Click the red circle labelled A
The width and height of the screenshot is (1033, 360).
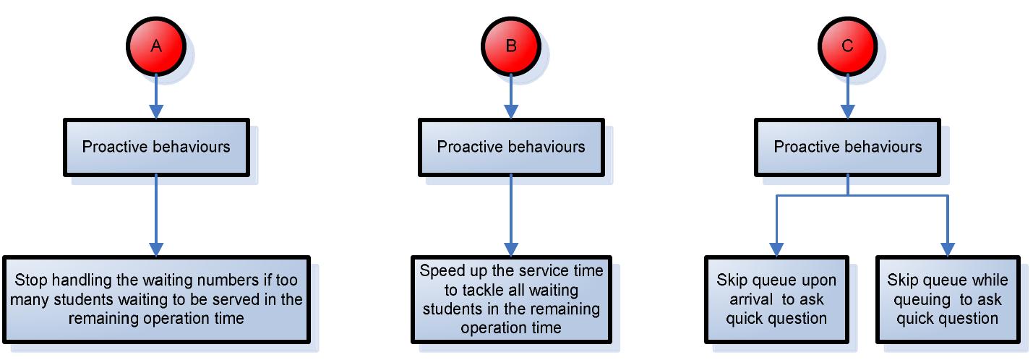pyautogui.click(x=156, y=46)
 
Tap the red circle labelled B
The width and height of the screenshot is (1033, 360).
pyautogui.click(x=511, y=46)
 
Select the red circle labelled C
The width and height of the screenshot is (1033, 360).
pyautogui.click(x=848, y=46)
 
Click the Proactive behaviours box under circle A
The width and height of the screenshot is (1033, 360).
pyautogui.click(x=156, y=147)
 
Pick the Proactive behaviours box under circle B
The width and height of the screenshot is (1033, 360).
pyautogui.click(x=511, y=147)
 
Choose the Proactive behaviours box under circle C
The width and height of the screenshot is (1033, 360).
pyautogui.click(x=848, y=147)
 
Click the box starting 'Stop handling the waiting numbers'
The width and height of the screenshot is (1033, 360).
pyautogui.click(x=156, y=299)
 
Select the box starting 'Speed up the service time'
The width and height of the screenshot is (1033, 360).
pyautogui.click(x=511, y=299)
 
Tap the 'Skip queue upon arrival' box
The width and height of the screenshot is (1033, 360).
pyautogui.click(x=776, y=299)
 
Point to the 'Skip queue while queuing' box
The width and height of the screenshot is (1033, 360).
pyautogui.click(x=948, y=299)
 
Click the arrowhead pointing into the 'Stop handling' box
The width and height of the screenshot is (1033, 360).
pyautogui.click(x=156, y=249)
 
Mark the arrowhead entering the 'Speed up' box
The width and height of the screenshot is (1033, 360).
pyautogui.click(x=511, y=249)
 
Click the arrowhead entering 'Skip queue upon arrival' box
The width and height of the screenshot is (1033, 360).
pyautogui.click(x=776, y=249)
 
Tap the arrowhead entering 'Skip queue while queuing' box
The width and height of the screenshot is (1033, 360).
pyautogui.click(x=948, y=249)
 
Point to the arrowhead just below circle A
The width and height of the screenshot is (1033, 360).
pyautogui.click(x=156, y=112)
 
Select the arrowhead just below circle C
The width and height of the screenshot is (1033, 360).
pyautogui.click(x=848, y=112)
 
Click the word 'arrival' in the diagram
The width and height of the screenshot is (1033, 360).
pyautogui.click(x=751, y=299)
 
